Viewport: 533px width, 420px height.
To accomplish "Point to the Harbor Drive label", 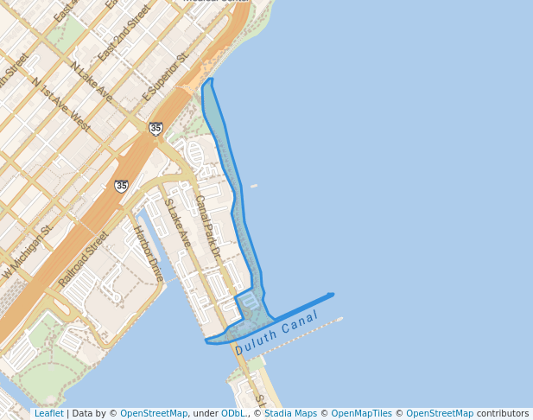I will point(148,251).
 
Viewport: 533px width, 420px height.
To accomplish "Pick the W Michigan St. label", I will point(27,251).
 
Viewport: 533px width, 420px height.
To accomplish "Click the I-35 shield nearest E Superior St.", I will point(155,129).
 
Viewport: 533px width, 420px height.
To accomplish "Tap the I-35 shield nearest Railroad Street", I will point(122,186).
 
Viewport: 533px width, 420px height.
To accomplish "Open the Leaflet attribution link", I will point(48,414).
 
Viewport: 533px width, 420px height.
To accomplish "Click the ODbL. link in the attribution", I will point(234,414).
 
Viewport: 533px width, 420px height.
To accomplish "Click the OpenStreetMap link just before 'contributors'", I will point(440,414).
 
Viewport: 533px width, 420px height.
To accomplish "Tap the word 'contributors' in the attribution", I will point(503,414).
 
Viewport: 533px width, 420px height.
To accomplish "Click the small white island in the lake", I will point(254,186).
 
